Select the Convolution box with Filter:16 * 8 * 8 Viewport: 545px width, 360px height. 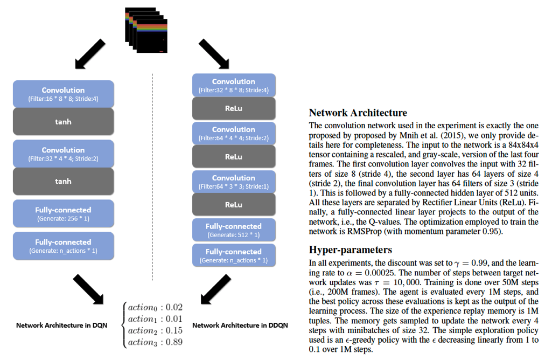coord(64,94)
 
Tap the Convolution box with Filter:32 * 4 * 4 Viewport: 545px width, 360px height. coord(64,154)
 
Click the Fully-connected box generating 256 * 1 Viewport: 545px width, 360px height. coord(64,214)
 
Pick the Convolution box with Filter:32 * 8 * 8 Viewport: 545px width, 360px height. coord(234,85)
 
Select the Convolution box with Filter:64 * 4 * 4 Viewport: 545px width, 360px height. coord(234,133)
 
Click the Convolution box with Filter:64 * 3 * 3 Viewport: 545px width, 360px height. coord(234,182)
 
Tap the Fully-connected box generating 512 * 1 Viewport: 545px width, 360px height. coord(234,230)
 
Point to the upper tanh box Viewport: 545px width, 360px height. coord(64,121)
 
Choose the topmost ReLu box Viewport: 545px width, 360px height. coord(234,108)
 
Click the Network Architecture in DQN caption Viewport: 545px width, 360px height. coord(61,326)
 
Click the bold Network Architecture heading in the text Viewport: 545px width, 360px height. coord(358,113)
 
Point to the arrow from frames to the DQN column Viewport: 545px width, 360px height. coord(88,54)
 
